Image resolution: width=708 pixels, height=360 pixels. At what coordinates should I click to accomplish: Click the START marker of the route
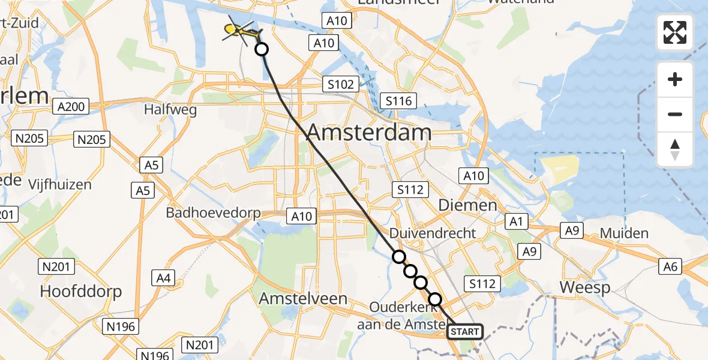[x=465, y=331]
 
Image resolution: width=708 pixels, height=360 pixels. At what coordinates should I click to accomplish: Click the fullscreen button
[x=675, y=32]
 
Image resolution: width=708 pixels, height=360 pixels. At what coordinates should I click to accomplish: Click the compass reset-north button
[x=675, y=149]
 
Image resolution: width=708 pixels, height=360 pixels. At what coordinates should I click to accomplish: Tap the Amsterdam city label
[x=369, y=133]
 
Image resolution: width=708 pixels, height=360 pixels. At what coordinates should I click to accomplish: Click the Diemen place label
[x=467, y=205]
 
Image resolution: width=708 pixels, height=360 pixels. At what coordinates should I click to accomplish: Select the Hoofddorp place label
[x=81, y=292]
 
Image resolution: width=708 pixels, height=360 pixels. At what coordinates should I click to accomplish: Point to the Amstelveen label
[x=303, y=298]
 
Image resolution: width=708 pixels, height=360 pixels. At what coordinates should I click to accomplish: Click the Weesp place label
[x=585, y=287]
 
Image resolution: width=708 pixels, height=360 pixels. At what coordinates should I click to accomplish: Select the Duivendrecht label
[x=433, y=233]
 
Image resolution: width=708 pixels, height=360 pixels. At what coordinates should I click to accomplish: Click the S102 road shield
[x=340, y=85]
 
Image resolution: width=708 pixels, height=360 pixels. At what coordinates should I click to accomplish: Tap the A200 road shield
[x=70, y=107]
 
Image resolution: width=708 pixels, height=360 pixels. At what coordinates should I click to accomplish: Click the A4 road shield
[x=164, y=278]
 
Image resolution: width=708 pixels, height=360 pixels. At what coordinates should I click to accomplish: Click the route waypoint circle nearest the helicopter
[x=261, y=49]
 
